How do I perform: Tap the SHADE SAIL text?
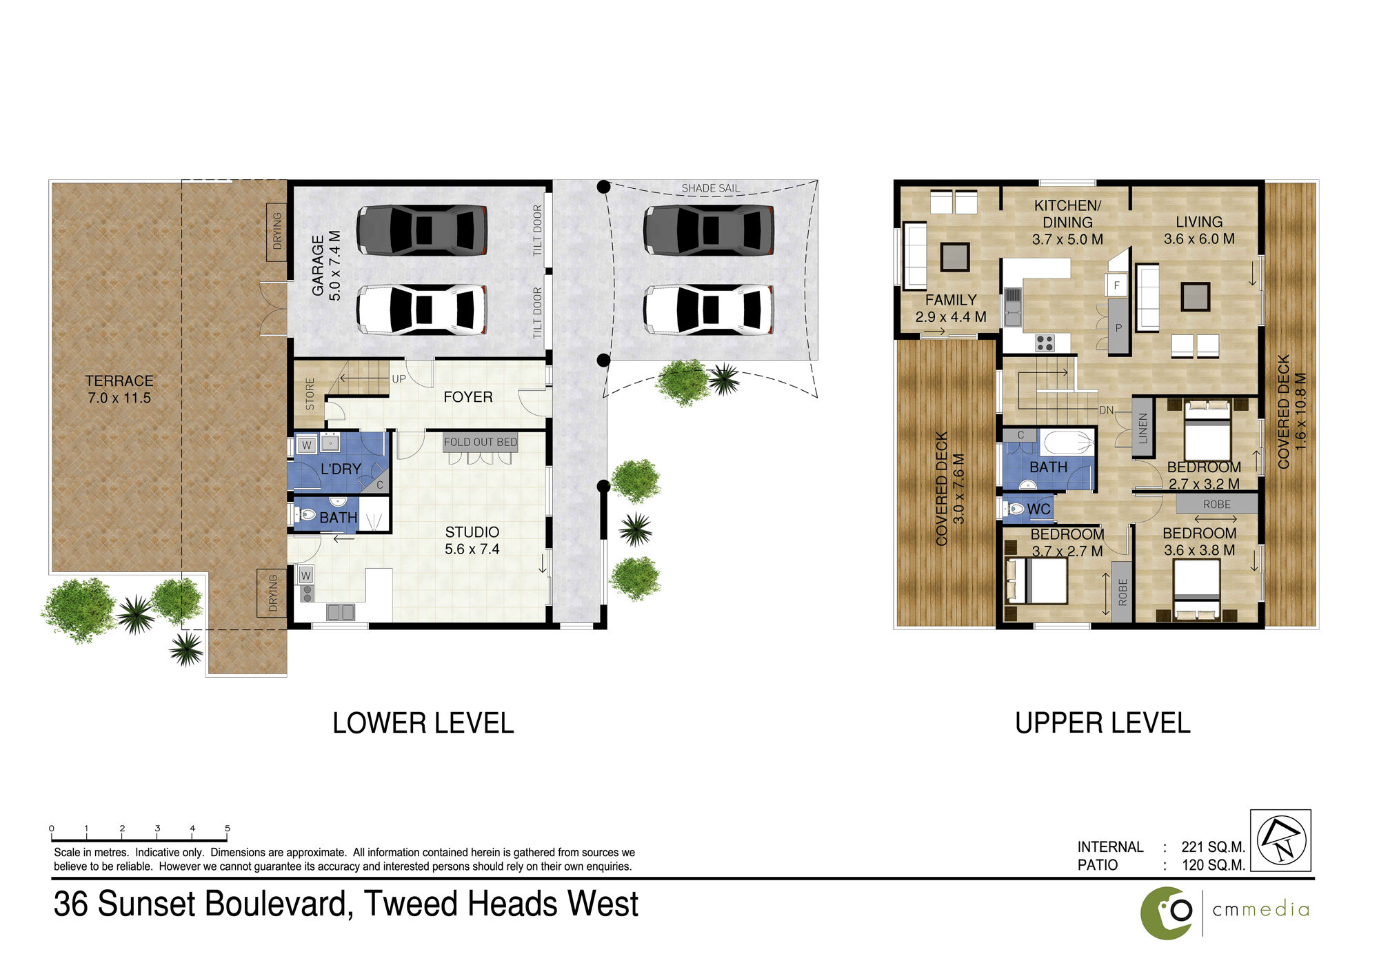pyautogui.click(x=711, y=188)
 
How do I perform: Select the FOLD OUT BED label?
pyautogui.click(x=481, y=442)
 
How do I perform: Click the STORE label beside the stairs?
pyautogui.click(x=310, y=394)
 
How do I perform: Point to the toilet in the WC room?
pyautogui.click(x=1014, y=509)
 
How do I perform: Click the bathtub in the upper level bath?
pyautogui.click(x=1067, y=442)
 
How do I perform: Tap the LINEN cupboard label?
pyautogui.click(x=1143, y=428)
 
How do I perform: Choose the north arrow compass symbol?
pyautogui.click(x=1281, y=840)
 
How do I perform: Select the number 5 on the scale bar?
pyautogui.click(x=228, y=829)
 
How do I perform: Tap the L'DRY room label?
pyautogui.click(x=341, y=469)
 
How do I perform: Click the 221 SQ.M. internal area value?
pyautogui.click(x=1213, y=847)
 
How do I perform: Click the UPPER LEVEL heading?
pyautogui.click(x=1103, y=723)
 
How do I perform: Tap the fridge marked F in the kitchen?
pyautogui.click(x=1116, y=285)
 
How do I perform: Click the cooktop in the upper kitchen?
pyautogui.click(x=1045, y=343)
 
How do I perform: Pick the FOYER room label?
pyautogui.click(x=468, y=397)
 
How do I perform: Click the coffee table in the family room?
pyautogui.click(x=955, y=257)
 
